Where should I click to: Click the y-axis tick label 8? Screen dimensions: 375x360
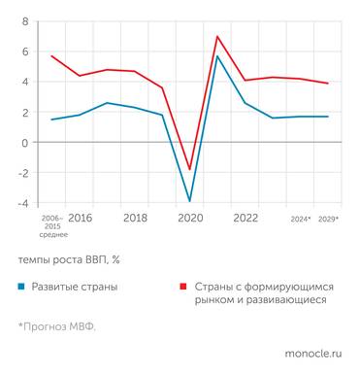pyautogui.click(x=25, y=20)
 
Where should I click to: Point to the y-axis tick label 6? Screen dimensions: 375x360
pyautogui.click(x=25, y=51)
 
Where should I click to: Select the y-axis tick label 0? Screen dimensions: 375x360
pyautogui.click(x=25, y=142)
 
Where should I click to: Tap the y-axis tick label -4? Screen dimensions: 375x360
pyautogui.click(x=23, y=203)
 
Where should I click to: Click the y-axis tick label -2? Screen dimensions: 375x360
pyautogui.click(x=23, y=173)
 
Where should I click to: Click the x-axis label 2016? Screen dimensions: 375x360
pyautogui.click(x=80, y=219)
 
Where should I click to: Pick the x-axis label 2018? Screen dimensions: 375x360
pyautogui.click(x=135, y=219)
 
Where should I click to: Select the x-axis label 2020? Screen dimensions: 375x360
pyautogui.click(x=190, y=219)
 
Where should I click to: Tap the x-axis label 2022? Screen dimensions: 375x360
pyautogui.click(x=245, y=219)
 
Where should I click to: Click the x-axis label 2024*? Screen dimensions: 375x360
pyautogui.click(x=301, y=220)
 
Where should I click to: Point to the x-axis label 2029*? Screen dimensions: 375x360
pyautogui.click(x=329, y=220)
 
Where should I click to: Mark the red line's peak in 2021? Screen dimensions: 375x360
pyautogui.click(x=217, y=37)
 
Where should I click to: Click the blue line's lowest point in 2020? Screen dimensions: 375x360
pyautogui.click(x=189, y=201)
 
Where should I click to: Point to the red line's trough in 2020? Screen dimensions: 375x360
pyautogui.click(x=189, y=169)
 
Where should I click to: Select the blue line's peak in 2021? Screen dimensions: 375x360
pyautogui.click(x=217, y=56)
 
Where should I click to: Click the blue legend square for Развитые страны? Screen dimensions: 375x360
pyautogui.click(x=20, y=288)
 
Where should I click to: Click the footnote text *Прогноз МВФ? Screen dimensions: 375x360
pyautogui.click(x=56, y=325)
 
